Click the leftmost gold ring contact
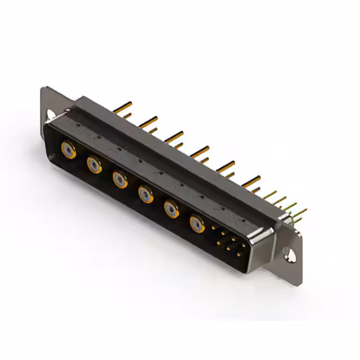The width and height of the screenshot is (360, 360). click(x=68, y=149)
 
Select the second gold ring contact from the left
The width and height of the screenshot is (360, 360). click(x=94, y=165)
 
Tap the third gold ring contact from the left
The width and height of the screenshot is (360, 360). click(x=120, y=179)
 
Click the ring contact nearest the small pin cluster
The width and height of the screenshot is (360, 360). click(x=197, y=224)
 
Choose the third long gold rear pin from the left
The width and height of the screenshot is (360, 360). click(x=174, y=136)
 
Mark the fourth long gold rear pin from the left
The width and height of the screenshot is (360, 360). click(x=200, y=151)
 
